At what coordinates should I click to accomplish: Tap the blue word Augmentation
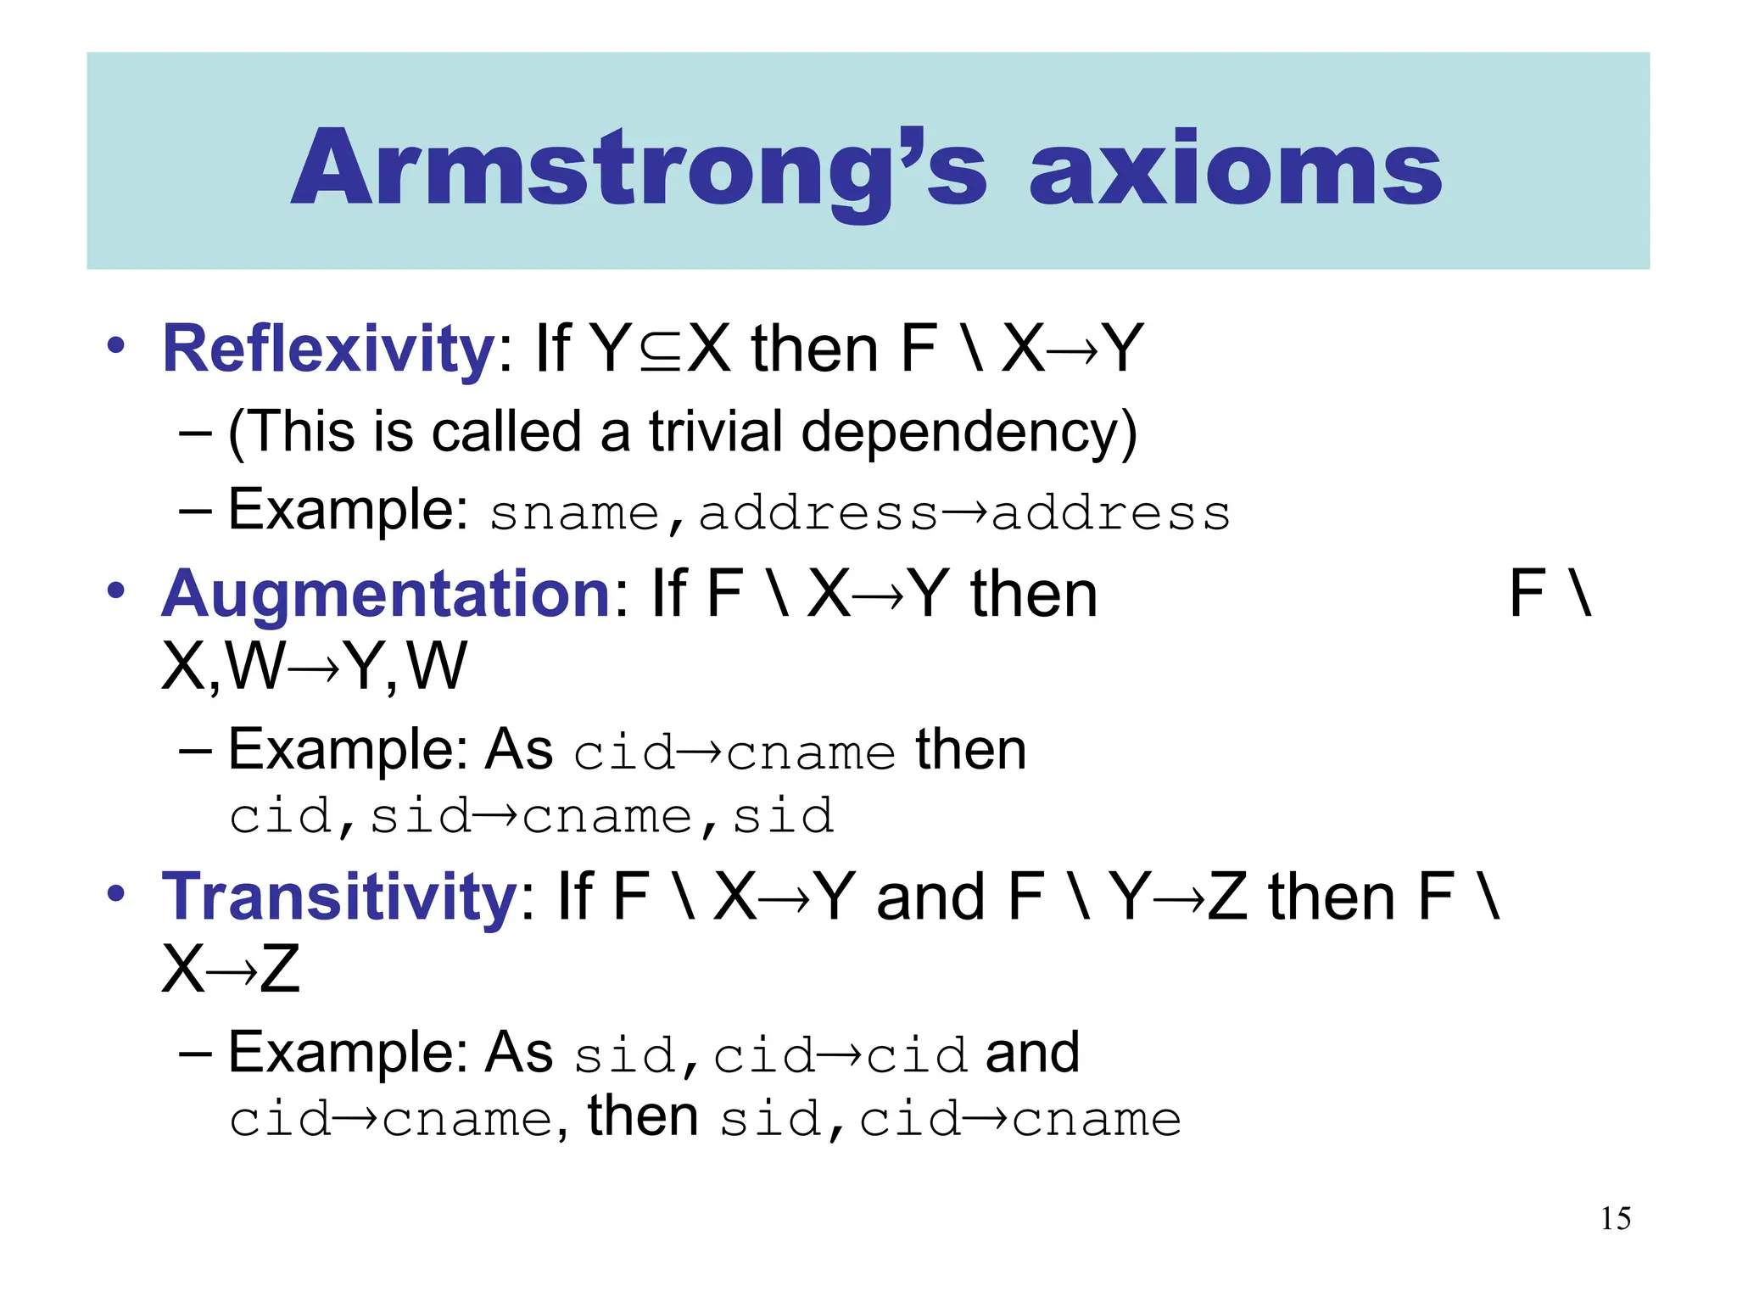tap(387, 593)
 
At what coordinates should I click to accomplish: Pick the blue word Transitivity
tap(340, 897)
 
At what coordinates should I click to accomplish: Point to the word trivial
tap(716, 432)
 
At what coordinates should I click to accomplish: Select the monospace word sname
tap(574, 514)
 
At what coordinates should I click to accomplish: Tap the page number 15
tap(1616, 1219)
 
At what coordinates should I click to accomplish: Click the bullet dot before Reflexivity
tap(116, 345)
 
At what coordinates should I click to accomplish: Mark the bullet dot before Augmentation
tap(116, 590)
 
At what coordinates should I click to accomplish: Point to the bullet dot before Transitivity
tap(116, 893)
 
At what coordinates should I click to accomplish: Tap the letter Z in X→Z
tap(280, 970)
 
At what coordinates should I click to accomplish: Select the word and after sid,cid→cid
tap(1032, 1054)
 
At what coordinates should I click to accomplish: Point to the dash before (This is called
tap(196, 433)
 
